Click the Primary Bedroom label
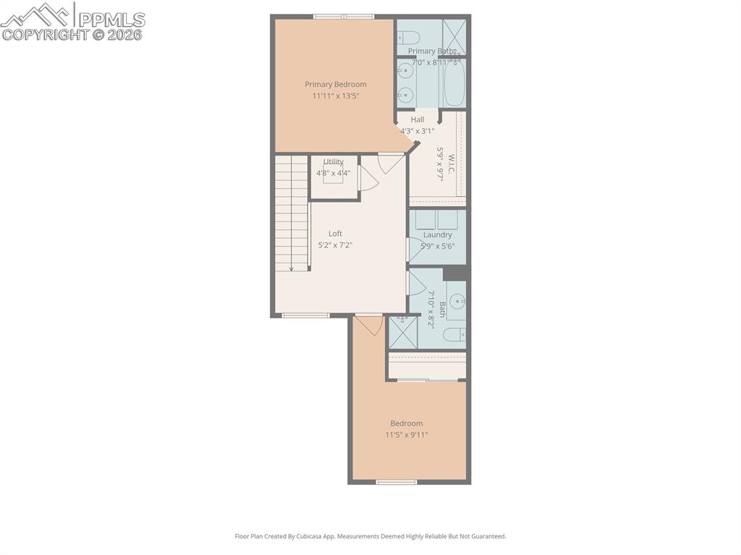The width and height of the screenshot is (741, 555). point(335,84)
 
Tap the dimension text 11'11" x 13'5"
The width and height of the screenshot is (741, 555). point(335,96)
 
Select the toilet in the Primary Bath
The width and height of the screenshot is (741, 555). point(406,36)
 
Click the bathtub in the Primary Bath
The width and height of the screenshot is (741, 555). point(454,84)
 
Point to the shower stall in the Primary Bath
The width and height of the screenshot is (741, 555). point(454,35)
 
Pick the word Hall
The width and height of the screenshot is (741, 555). point(418,119)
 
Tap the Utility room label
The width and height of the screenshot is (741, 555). point(334,161)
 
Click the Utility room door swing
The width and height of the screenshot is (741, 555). point(368,179)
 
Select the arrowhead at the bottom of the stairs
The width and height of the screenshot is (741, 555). point(292,268)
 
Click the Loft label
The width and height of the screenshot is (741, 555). point(335,233)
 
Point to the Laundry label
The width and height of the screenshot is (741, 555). point(437,234)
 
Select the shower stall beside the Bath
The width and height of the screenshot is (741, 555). point(402,332)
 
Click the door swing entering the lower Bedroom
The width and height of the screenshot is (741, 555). point(370,325)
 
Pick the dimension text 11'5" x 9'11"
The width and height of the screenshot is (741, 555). point(406,435)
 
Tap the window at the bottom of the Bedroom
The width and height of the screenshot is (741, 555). point(397,481)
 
